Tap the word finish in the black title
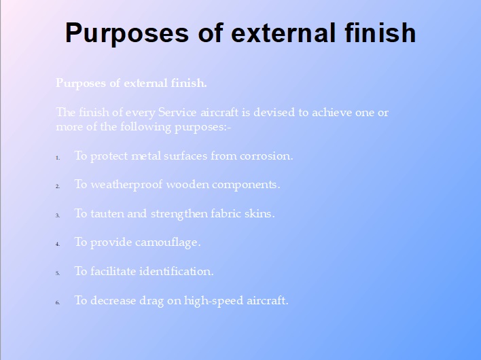click(x=380, y=33)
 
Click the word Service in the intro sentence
click(x=177, y=112)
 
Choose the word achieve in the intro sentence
click(x=332, y=112)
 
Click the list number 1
click(x=57, y=158)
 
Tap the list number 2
click(x=57, y=186)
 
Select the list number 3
click(x=57, y=215)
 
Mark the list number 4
click(x=57, y=244)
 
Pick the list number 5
click(x=57, y=273)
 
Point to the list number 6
click(x=57, y=302)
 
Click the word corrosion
click(x=266, y=156)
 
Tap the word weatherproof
click(x=126, y=185)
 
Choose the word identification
click(x=177, y=271)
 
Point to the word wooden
click(x=188, y=185)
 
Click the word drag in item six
click(x=152, y=301)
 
